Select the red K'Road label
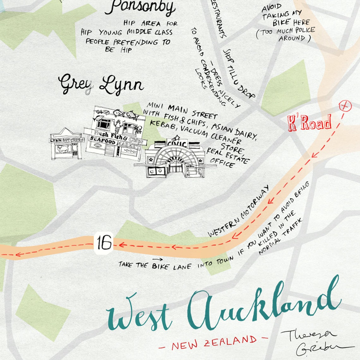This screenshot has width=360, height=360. coord(309,123)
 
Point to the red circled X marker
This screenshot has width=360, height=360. coord(345,106)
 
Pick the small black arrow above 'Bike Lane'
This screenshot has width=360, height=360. coord(156,259)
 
